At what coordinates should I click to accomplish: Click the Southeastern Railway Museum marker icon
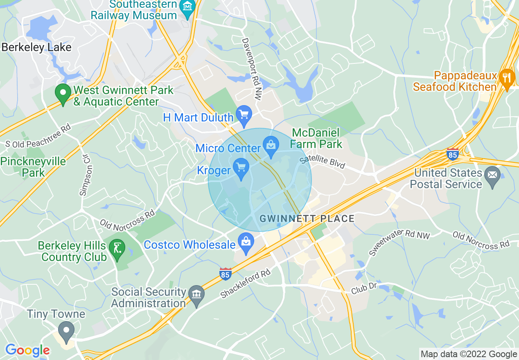pyautogui.click(x=188, y=7)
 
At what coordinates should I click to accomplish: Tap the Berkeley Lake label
pyautogui.click(x=36, y=47)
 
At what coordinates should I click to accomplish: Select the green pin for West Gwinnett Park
pyautogui.click(x=63, y=94)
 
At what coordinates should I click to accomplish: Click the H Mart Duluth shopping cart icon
pyautogui.click(x=244, y=116)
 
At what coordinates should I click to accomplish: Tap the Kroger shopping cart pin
pyautogui.click(x=241, y=169)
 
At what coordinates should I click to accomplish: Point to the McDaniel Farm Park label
pyautogui.click(x=316, y=138)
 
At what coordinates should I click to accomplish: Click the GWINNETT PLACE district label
pyautogui.click(x=307, y=218)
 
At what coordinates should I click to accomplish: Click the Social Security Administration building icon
pyautogui.click(x=196, y=296)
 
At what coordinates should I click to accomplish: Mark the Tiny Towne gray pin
pyautogui.click(x=66, y=330)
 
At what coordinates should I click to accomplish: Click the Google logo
pyautogui.click(x=27, y=350)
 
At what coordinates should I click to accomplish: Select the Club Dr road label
pyautogui.click(x=363, y=288)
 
